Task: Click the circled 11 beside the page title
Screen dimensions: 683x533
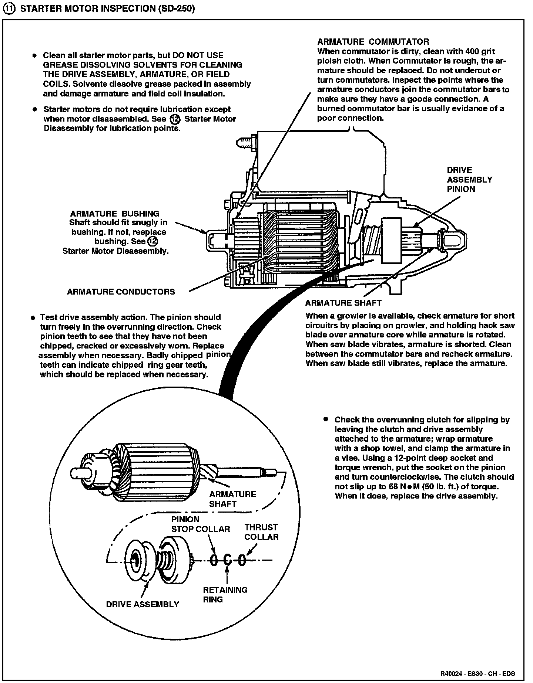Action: (x=9, y=9)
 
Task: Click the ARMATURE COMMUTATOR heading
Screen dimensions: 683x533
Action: (x=373, y=42)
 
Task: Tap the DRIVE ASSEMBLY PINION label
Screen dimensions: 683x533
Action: (x=469, y=180)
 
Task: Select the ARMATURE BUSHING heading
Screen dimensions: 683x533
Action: (x=114, y=214)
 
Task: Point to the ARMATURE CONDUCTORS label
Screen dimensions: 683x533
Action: (x=121, y=292)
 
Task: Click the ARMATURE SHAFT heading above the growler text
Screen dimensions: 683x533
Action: (x=343, y=303)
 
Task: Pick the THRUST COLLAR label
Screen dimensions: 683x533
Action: (x=261, y=532)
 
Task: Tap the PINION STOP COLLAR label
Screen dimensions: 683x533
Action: (x=200, y=524)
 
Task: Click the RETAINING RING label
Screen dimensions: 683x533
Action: (x=225, y=594)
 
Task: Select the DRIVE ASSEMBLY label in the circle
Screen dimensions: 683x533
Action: (x=143, y=604)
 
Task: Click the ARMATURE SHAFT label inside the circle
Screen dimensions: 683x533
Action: (x=232, y=499)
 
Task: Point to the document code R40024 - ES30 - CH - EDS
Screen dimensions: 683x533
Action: (x=477, y=673)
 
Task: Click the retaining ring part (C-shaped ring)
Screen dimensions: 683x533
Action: (x=228, y=560)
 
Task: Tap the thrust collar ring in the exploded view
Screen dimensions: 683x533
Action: (x=241, y=560)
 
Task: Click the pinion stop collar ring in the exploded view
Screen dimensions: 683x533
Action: (x=214, y=560)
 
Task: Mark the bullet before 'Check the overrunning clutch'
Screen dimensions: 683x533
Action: (x=325, y=419)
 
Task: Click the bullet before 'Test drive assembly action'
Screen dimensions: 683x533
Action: (x=33, y=317)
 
